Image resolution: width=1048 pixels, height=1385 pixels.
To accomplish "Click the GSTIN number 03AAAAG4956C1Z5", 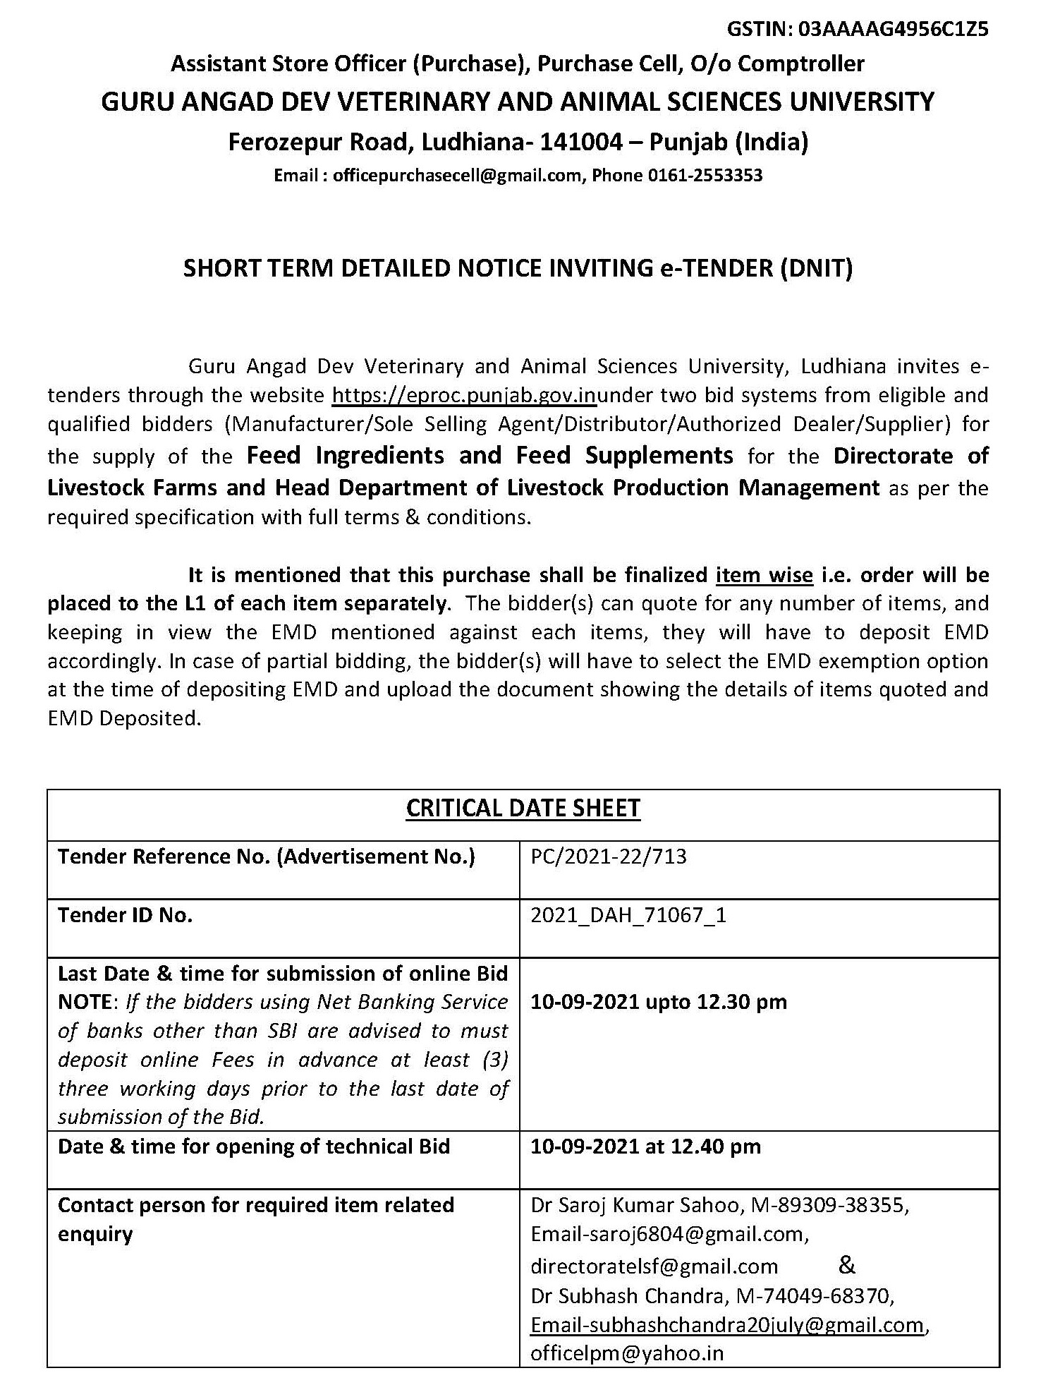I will pyautogui.click(x=892, y=29).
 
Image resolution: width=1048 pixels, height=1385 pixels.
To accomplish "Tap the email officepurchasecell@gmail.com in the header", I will pyautogui.click(x=456, y=175).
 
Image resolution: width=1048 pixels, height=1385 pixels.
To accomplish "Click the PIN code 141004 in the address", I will pyautogui.click(x=581, y=143).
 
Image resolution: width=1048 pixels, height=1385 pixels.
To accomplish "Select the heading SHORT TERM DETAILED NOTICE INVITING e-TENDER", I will pyautogui.click(x=518, y=269).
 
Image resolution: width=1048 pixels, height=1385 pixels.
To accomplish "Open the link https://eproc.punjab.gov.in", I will pyautogui.click(x=464, y=395).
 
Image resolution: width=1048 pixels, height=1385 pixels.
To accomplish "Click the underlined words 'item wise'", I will pyautogui.click(x=764, y=575).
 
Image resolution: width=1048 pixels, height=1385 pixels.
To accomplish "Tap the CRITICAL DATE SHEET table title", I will pyautogui.click(x=523, y=808).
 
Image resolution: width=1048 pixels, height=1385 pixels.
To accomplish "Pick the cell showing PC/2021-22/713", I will pyautogui.click(x=608, y=857).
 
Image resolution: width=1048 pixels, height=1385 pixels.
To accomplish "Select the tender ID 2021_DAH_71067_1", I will pyautogui.click(x=628, y=915).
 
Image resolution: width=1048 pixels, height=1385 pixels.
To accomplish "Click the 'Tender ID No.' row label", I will pyautogui.click(x=125, y=915).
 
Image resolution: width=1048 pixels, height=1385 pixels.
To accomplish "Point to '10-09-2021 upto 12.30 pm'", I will pyautogui.click(x=658, y=1002).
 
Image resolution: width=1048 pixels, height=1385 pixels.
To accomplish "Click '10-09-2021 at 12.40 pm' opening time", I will pyautogui.click(x=645, y=1147).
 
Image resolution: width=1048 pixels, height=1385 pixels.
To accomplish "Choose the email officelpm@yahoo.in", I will pyautogui.click(x=627, y=1353).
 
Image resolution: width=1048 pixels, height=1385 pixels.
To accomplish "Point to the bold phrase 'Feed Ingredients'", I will pyautogui.click(x=345, y=456).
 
